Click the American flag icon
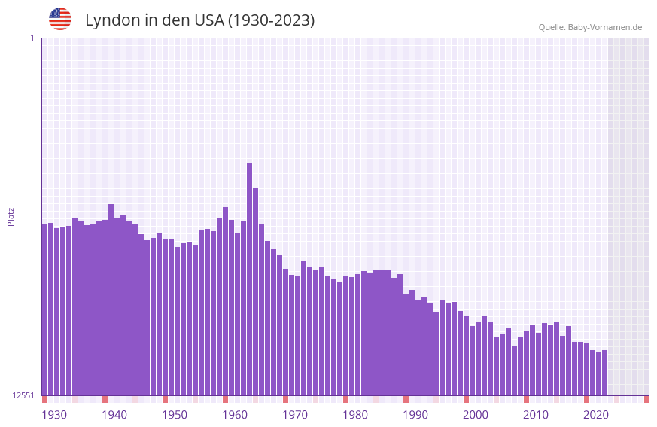(60, 19)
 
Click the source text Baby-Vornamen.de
(604, 27)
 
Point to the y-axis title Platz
(11, 216)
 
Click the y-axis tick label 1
(32, 38)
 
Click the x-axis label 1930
(54, 415)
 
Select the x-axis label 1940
(114, 415)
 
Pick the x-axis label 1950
(175, 415)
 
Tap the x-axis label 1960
(235, 415)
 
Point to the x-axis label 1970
(295, 415)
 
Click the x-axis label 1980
(355, 415)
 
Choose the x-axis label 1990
(415, 415)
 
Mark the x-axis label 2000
(476, 415)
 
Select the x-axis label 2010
(536, 415)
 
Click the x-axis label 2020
(596, 415)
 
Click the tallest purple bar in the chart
(249, 279)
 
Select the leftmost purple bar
(44, 310)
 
